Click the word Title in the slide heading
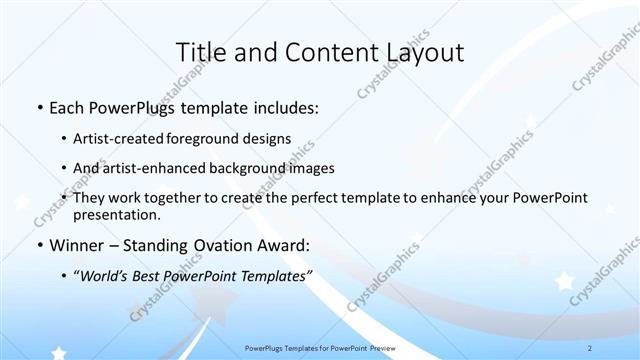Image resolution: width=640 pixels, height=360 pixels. [200, 52]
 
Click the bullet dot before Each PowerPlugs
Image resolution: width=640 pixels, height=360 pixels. [38, 107]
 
